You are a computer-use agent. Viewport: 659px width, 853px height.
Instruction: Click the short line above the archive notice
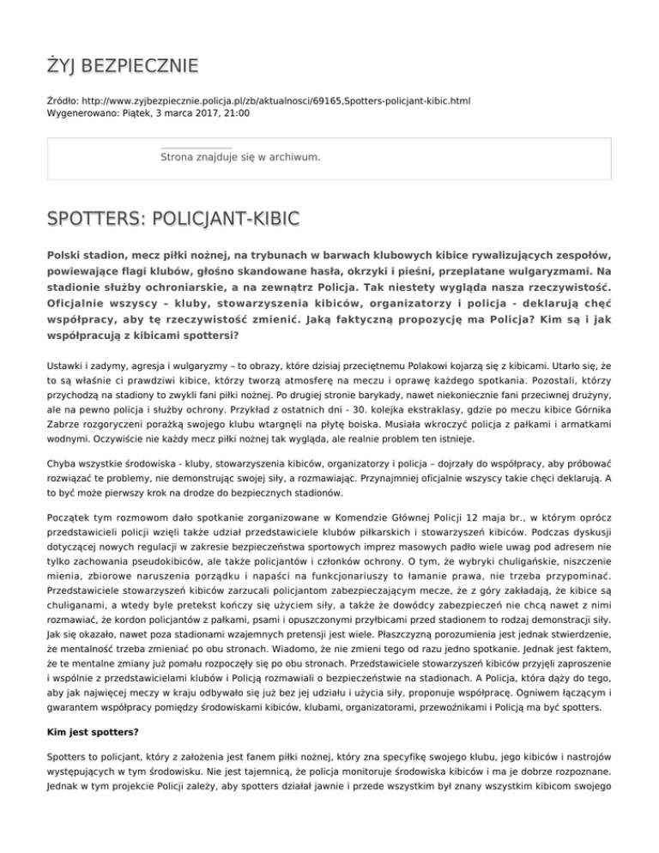coord(196,148)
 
